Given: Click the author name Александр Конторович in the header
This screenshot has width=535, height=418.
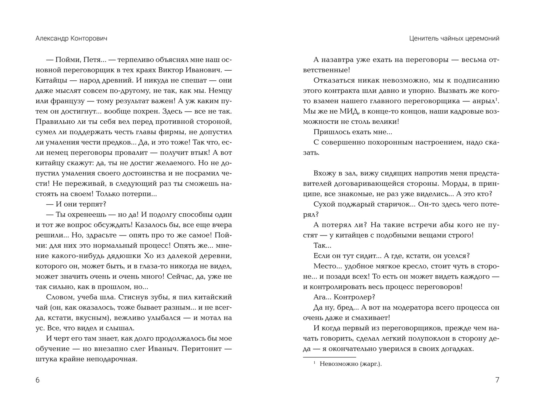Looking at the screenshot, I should (x=71, y=39).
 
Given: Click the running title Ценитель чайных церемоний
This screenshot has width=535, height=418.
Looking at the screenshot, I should (x=454, y=39).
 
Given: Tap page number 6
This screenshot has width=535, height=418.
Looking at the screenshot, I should (x=37, y=380).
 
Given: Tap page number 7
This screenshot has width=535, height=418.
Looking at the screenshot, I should (x=497, y=380).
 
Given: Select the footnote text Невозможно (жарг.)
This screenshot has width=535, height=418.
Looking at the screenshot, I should (x=350, y=364).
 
